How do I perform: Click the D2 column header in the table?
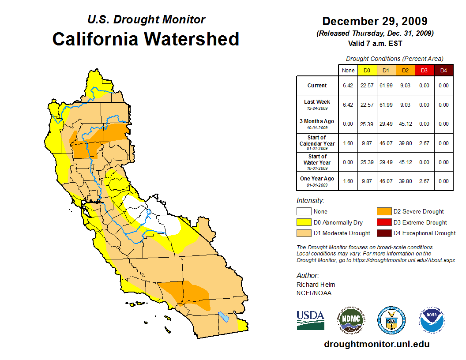[x=405, y=70]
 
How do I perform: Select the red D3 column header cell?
[x=424, y=70]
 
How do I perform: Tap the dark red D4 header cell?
[x=443, y=70]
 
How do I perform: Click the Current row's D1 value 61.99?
[x=386, y=86]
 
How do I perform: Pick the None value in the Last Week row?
[x=348, y=105]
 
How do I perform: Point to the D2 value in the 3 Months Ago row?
[x=405, y=124]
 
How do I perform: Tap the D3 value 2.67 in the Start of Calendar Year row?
[x=424, y=143]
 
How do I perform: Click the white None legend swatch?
[x=304, y=212]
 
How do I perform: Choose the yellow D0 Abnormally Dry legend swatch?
[x=304, y=222]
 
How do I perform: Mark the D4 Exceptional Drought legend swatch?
[x=383, y=233]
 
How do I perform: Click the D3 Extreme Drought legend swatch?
[x=383, y=222]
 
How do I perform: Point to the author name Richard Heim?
[x=316, y=285]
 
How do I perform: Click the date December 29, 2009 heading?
[x=375, y=21]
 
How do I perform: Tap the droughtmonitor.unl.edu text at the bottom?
[x=376, y=344]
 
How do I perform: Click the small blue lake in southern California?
[x=224, y=317]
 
